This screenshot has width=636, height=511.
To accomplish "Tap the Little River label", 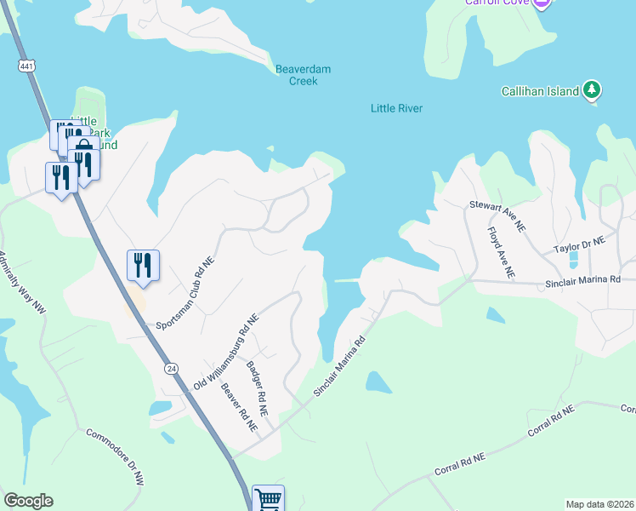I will pos(396,108).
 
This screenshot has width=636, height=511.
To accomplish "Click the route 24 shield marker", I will pos(172,369).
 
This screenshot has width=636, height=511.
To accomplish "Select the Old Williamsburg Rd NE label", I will pos(225,351).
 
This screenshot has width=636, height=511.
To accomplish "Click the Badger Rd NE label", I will pos(258,388).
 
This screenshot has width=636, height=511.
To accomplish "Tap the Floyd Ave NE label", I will pos(501,252).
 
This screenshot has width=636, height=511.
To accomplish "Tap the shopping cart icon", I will pos(268,499).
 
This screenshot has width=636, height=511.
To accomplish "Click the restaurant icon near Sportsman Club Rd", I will pos(142,264).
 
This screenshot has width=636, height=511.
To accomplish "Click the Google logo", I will pos(28,501).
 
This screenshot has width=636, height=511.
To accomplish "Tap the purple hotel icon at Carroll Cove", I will pos(542,3).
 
